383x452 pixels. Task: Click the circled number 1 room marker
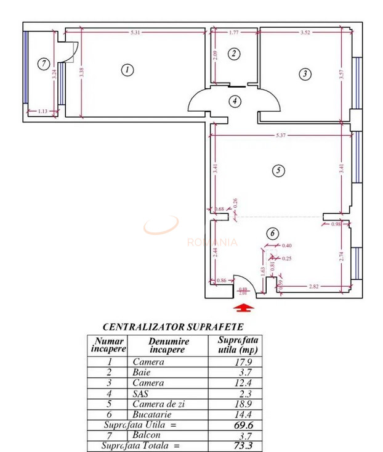tap(126, 70)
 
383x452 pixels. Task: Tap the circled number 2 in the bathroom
tap(233, 54)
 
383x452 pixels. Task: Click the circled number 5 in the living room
tap(278, 170)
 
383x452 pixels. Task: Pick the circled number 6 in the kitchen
tap(273, 233)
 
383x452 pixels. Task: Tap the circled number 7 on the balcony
tap(42, 63)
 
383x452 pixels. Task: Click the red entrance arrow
tap(244, 306)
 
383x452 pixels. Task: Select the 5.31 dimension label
tap(134, 32)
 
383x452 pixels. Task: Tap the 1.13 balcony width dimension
tap(42, 111)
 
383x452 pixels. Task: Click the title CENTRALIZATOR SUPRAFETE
tap(172, 326)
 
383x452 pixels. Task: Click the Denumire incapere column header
tap(166, 345)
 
